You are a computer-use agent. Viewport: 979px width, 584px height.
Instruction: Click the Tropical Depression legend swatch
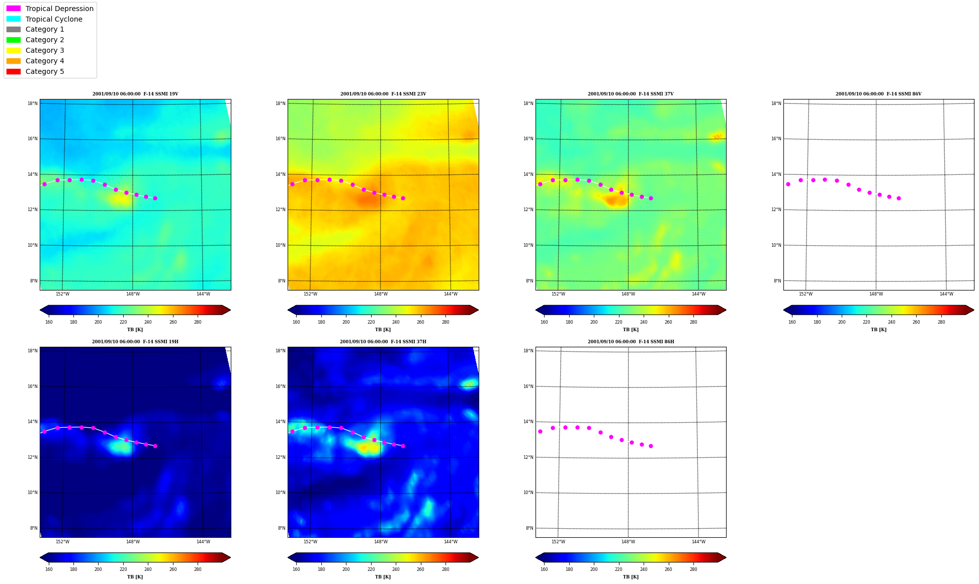14,9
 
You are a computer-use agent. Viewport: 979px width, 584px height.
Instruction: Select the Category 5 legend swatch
14,71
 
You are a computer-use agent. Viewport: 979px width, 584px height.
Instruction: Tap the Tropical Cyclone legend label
54,19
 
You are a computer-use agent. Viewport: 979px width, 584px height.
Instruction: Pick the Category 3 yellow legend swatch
14,50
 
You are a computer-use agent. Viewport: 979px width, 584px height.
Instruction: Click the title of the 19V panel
135,94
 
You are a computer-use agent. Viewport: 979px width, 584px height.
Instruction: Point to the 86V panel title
878,94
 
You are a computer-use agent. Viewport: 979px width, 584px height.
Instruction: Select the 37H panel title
383,342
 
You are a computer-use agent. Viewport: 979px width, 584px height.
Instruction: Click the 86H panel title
631,342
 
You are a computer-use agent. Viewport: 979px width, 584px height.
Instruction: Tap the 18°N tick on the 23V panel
281,104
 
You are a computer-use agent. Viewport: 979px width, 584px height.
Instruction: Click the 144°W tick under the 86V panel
946,294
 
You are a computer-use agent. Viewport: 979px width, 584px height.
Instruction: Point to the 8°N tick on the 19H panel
33,528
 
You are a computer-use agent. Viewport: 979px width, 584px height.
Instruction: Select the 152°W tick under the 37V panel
558,294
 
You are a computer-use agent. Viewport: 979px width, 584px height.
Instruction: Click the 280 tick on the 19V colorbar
198,322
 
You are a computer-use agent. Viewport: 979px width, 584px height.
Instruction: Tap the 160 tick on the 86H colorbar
544,569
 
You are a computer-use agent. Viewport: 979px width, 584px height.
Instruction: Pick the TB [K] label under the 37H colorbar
383,577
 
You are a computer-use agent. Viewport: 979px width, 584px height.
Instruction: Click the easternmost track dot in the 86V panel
899,198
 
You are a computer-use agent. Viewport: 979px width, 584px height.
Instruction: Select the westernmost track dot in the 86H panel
540,431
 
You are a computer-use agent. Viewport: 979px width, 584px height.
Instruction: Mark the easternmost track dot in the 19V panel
155,198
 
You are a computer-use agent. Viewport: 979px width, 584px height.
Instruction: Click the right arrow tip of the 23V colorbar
478,310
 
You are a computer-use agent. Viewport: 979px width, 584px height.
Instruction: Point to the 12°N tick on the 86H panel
528,457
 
